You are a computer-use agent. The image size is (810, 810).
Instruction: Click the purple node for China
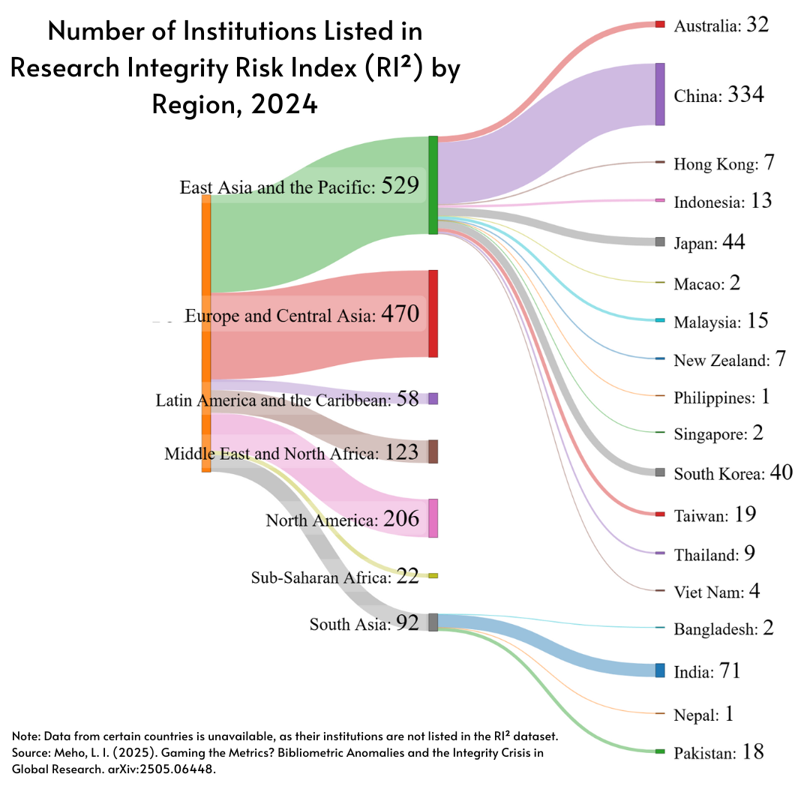click(660, 94)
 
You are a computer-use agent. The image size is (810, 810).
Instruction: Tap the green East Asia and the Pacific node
click(433, 185)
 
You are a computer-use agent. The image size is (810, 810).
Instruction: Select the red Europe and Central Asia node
click(433, 313)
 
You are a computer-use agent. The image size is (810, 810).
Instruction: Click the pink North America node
click(433, 518)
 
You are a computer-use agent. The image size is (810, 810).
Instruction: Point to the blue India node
click(660, 670)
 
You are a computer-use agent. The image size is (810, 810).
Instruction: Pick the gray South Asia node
click(433, 622)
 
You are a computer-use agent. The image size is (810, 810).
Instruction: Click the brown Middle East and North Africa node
click(433, 452)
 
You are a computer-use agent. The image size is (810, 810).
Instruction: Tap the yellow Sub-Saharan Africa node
click(433, 576)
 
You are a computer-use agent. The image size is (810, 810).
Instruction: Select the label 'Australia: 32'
click(721, 25)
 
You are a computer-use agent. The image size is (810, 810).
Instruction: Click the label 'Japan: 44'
click(709, 243)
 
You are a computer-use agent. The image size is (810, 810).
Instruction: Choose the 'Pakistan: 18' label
click(718, 752)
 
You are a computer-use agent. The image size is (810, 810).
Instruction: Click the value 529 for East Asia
click(400, 186)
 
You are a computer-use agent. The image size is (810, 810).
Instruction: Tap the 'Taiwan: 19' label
click(714, 515)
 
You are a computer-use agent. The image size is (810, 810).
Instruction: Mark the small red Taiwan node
click(660, 514)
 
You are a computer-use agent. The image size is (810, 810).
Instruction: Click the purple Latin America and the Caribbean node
click(433, 399)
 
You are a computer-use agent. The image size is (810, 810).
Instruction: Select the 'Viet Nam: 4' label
click(716, 592)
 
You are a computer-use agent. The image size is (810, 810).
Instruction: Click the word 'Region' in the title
click(193, 104)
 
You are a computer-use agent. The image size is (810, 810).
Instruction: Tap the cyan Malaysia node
click(660, 321)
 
